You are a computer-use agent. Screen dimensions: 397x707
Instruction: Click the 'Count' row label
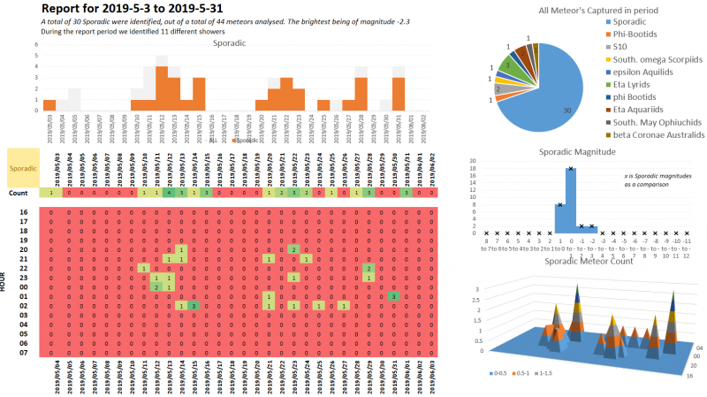[19, 193]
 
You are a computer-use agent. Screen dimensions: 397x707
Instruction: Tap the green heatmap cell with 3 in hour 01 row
[392, 296]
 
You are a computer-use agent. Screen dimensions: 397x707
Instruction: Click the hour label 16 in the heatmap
[23, 213]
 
